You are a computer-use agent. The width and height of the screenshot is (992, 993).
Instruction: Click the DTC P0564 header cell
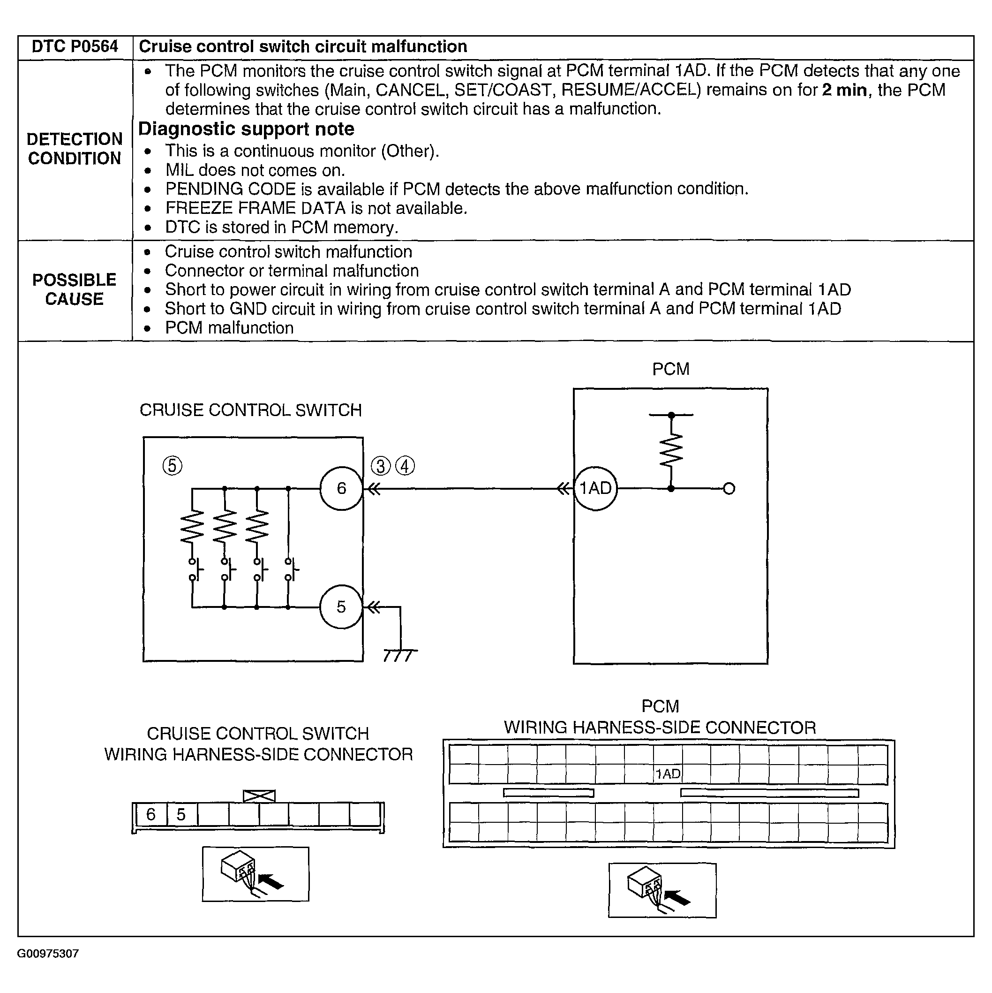[75, 47]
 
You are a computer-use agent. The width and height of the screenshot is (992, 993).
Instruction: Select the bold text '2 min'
[844, 90]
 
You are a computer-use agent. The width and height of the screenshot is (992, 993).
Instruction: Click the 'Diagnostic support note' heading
[246, 129]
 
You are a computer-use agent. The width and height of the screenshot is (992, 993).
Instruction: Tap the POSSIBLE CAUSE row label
[75, 289]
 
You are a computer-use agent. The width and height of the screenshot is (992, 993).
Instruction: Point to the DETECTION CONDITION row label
[75, 149]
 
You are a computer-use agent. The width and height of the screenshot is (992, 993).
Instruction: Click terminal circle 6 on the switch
[341, 488]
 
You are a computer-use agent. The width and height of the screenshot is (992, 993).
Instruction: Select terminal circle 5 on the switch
[341, 607]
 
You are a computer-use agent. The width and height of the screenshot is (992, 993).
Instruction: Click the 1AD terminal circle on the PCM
[595, 488]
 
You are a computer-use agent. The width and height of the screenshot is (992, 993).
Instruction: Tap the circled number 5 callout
[172, 466]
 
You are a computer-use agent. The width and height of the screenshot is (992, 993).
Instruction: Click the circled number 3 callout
[381, 466]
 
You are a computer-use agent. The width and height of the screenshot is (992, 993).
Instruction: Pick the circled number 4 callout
[406, 466]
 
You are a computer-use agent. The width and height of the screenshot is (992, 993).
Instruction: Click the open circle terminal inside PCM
[729, 488]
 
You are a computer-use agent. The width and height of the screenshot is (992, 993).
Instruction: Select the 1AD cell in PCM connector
[668, 774]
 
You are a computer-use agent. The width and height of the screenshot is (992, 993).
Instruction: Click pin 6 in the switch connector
[151, 815]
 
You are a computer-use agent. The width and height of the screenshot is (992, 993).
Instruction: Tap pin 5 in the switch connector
[181, 815]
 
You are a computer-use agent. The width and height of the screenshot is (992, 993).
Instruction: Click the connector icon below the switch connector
[256, 874]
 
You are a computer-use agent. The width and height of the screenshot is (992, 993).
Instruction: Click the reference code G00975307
[48, 955]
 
